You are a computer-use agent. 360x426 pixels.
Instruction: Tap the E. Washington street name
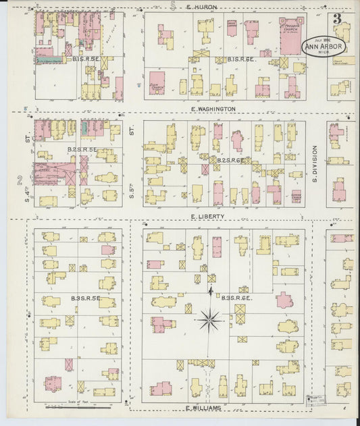(x=213, y=108)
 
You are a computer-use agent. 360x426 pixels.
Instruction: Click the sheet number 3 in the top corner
(x=336, y=19)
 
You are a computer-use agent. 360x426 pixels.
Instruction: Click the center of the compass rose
(x=211, y=318)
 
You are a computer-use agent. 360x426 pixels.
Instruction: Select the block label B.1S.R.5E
(x=87, y=59)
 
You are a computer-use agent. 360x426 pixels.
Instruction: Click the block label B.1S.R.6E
(x=241, y=59)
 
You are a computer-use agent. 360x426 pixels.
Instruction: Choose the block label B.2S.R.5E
(x=82, y=149)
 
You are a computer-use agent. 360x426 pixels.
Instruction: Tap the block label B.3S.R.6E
(x=236, y=297)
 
